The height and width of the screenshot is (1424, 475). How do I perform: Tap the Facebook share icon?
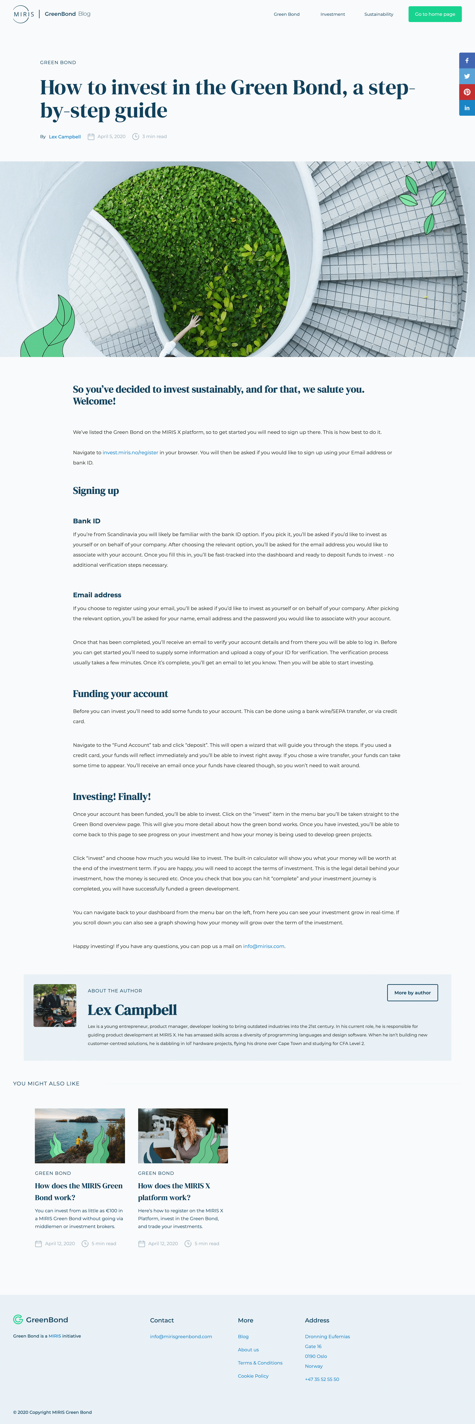467,60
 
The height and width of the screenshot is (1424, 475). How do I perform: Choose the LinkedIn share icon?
467,108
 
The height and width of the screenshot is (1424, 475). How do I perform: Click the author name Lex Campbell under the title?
65,137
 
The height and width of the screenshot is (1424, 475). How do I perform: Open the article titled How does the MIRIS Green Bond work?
78,1191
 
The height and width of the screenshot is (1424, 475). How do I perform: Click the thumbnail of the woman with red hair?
182,1135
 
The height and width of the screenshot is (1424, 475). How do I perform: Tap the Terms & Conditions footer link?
260,1363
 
